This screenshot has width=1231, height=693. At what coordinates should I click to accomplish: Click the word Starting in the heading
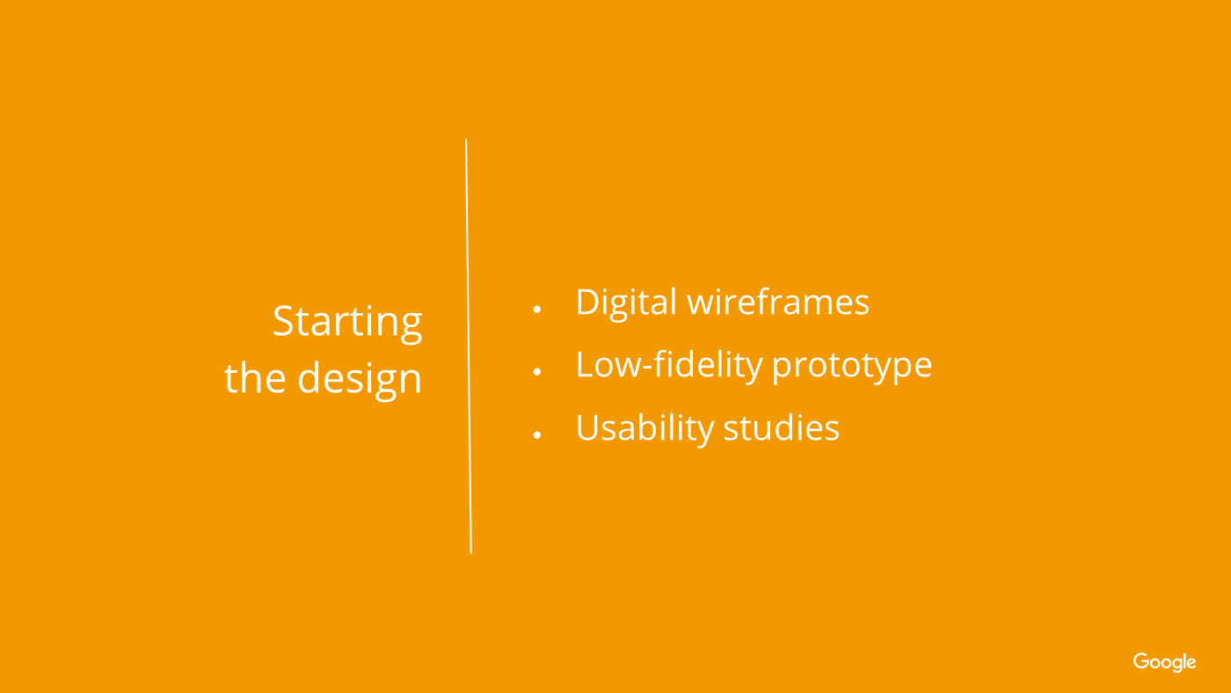point(347,323)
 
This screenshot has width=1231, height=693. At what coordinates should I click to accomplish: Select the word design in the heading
point(360,380)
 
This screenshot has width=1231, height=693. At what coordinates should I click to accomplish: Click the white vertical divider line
point(469,346)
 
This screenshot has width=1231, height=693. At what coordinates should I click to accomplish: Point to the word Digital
point(626,303)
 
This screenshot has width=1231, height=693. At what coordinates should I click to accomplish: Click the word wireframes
point(778,302)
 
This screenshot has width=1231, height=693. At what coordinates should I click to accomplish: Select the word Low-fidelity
point(669,365)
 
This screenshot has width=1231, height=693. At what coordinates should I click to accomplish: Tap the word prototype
point(852,367)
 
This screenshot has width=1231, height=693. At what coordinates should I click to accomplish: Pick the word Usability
point(645,428)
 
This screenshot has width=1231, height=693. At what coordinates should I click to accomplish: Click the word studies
point(782,427)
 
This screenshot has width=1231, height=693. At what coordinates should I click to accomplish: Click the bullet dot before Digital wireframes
point(537,310)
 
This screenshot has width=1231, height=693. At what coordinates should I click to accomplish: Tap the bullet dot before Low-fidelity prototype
point(537,372)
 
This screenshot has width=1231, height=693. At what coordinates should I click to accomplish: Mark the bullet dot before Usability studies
point(537,435)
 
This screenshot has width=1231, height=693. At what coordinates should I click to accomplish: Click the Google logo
point(1164,662)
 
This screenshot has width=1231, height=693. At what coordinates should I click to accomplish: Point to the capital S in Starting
point(285,320)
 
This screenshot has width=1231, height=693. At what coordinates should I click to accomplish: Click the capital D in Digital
point(589,302)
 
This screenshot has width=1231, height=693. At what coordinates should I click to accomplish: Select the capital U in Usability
point(588,427)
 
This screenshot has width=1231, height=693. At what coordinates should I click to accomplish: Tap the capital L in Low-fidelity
point(585,364)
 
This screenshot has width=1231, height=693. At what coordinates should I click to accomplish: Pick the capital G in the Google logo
point(1141,660)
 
